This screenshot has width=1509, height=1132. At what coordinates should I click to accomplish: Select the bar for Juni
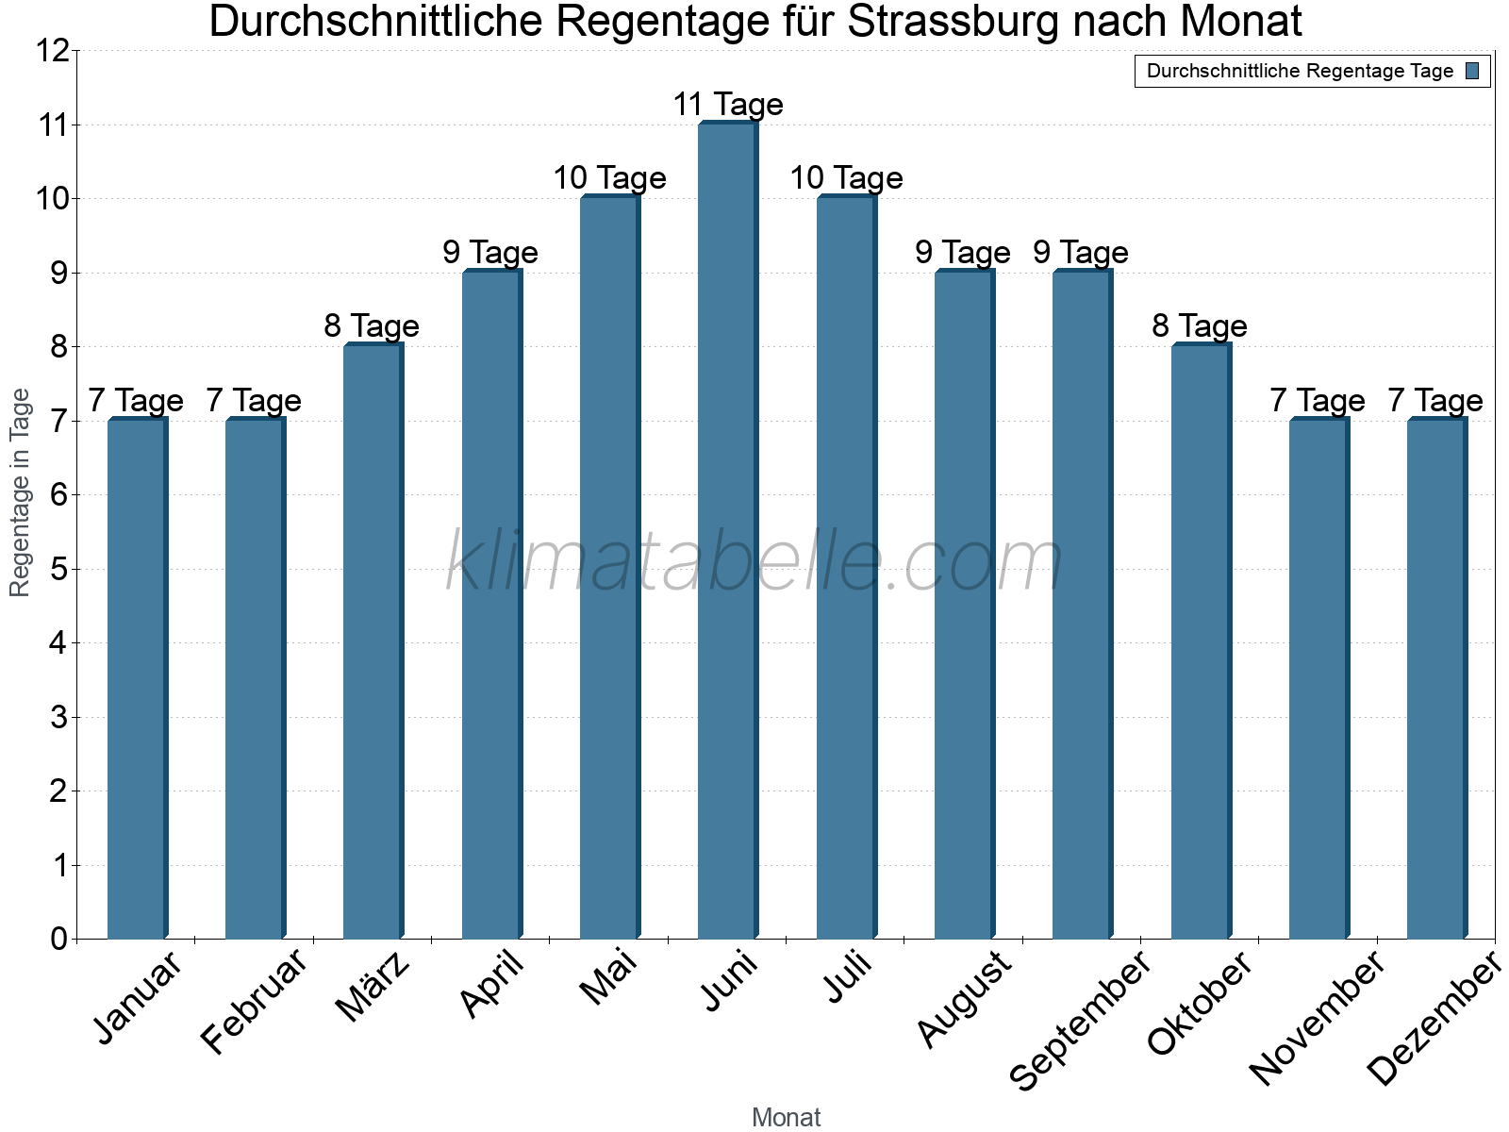coord(727,531)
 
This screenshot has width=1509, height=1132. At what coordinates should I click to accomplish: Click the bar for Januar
coord(137,679)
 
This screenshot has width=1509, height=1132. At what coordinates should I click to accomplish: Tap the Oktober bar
coord(1201,641)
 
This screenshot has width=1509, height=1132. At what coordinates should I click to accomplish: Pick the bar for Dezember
coord(1436,679)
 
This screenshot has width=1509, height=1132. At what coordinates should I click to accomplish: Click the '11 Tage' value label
coord(727,104)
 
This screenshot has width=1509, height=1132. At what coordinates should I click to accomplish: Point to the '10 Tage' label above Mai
coord(609,177)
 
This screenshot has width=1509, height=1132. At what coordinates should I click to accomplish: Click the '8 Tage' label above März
coord(372,326)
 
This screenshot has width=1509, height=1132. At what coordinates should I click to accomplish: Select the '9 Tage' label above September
coord(1081,252)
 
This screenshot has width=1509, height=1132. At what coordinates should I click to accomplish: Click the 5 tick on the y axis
coord(59,569)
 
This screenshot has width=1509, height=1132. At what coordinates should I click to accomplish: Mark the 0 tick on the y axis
coord(59,939)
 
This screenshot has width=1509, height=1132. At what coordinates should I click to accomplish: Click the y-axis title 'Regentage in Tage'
coord(20,492)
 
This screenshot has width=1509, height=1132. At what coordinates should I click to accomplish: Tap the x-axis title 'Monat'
coord(786,1117)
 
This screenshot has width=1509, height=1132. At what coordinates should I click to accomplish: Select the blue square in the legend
coord(1472,71)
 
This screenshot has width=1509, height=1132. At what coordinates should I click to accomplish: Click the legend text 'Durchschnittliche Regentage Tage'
coord(1300,71)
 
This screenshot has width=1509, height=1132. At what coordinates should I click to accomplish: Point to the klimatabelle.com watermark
coord(754,561)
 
